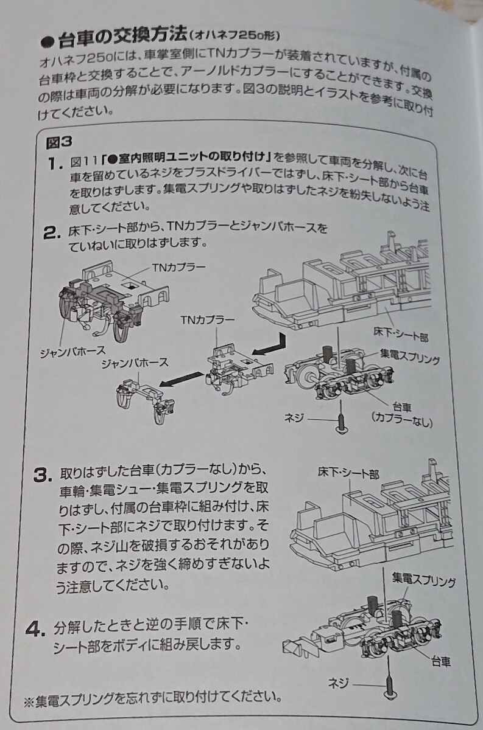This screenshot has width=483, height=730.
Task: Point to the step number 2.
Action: pyautogui.click(x=51, y=232)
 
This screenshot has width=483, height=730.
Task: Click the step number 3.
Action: pyautogui.click(x=41, y=474)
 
